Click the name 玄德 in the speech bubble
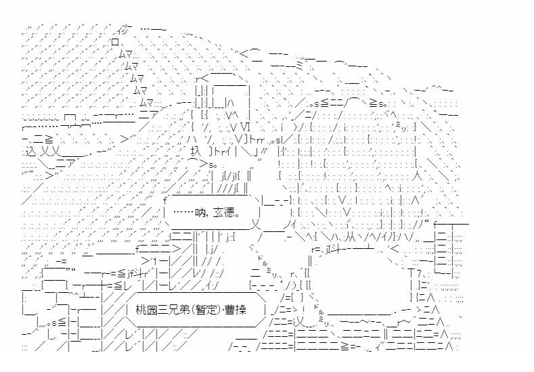coord(223,213)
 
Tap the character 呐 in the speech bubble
coord(200,213)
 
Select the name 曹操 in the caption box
coord(236,310)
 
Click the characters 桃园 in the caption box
coord(146,310)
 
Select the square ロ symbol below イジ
coord(115,42)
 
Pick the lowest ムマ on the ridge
coord(146,101)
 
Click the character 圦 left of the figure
coord(196,151)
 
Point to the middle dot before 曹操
coord(223,310)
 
